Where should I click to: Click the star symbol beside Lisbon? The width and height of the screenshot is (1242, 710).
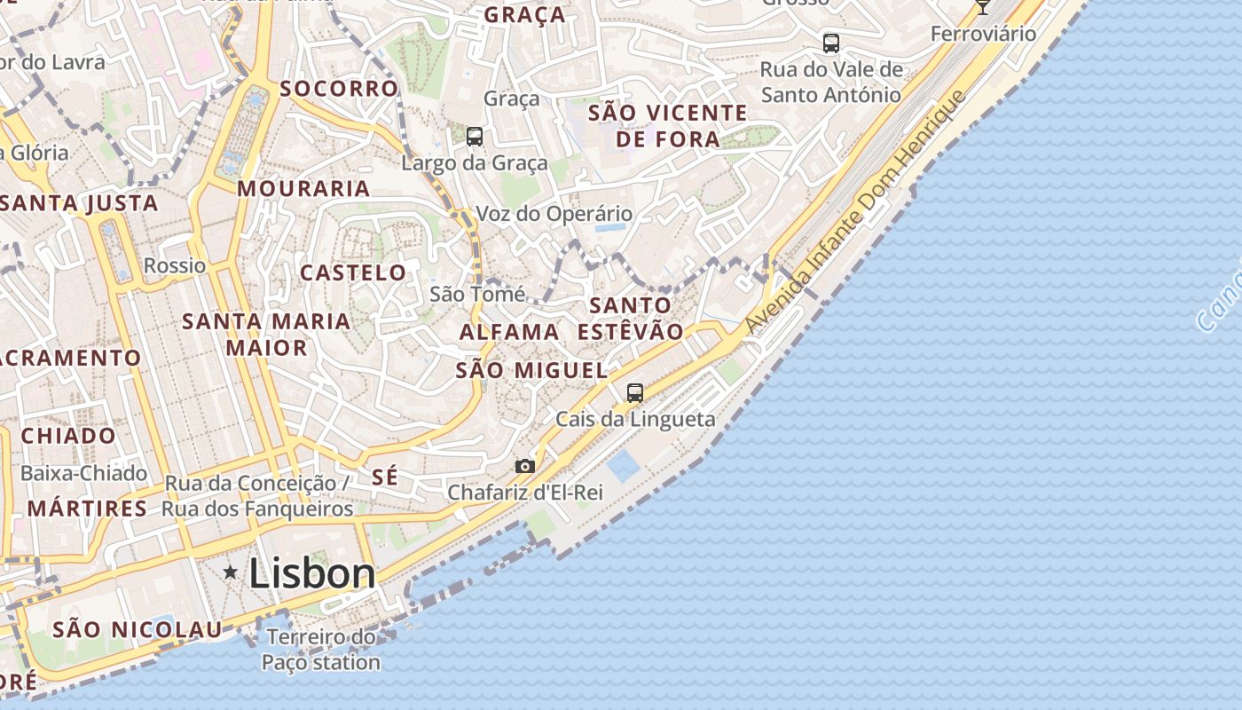pyautogui.click(x=231, y=572)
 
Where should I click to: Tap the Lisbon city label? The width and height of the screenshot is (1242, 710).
pyautogui.click(x=312, y=573)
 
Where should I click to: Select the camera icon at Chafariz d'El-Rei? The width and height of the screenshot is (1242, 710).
pyautogui.click(x=525, y=466)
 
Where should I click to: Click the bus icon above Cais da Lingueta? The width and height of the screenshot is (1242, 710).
pyautogui.click(x=635, y=392)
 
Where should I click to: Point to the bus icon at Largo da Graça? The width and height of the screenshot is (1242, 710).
pyautogui.click(x=475, y=136)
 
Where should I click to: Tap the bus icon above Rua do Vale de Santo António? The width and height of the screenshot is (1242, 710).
pyautogui.click(x=831, y=43)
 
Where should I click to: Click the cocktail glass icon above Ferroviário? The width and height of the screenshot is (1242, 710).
pyautogui.click(x=982, y=6)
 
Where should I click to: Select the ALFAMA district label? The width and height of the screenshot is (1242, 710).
pyautogui.click(x=509, y=332)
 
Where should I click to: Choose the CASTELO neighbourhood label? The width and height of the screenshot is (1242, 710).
pyautogui.click(x=353, y=272)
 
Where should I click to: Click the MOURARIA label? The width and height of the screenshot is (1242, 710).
pyautogui.click(x=303, y=188)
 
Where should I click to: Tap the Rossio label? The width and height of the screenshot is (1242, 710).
pyautogui.click(x=175, y=265)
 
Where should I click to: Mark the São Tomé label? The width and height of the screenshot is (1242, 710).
pyautogui.click(x=477, y=294)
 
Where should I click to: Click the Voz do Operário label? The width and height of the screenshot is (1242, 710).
pyautogui.click(x=554, y=214)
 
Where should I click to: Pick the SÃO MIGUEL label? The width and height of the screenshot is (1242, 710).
pyautogui.click(x=531, y=370)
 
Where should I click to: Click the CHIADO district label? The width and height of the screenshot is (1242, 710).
pyautogui.click(x=68, y=436)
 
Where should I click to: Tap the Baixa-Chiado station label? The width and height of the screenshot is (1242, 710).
pyautogui.click(x=83, y=473)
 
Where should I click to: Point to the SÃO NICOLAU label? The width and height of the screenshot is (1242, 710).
pyautogui.click(x=138, y=629)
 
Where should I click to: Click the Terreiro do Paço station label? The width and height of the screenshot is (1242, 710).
pyautogui.click(x=321, y=650)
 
